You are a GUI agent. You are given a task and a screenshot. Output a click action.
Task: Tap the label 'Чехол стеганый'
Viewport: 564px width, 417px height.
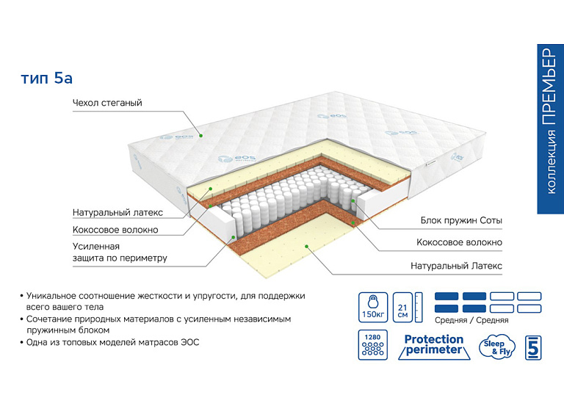(x=107, y=104)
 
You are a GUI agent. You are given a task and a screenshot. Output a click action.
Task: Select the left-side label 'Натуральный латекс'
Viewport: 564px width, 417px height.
(x=117, y=213)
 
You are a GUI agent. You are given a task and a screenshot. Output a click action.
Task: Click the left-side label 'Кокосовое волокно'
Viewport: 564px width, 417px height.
(x=115, y=230)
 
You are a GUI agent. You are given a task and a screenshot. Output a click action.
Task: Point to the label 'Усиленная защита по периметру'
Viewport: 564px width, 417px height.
(x=120, y=252)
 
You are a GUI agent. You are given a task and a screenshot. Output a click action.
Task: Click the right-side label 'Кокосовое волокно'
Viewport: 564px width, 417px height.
(x=459, y=242)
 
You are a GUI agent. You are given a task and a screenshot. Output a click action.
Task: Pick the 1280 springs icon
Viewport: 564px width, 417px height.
(x=372, y=345)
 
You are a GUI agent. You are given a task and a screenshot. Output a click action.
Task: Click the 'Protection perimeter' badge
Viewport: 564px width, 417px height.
(x=434, y=345)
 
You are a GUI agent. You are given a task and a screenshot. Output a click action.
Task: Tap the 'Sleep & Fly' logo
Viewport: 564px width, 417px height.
(x=496, y=346)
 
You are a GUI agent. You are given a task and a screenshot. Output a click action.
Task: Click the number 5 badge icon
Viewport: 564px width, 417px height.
(x=535, y=347)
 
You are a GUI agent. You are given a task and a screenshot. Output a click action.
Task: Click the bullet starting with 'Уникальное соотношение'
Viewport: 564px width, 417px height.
(x=165, y=300)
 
